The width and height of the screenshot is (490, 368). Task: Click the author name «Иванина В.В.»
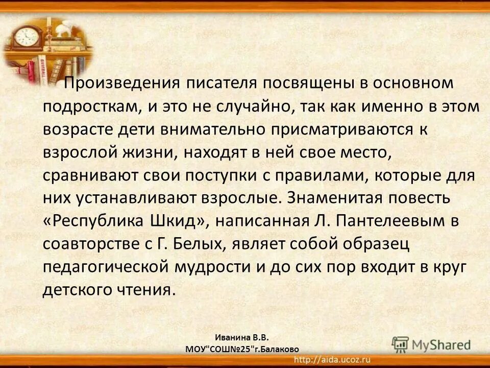[241, 338]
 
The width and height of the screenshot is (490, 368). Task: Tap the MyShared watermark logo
[432, 344]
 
